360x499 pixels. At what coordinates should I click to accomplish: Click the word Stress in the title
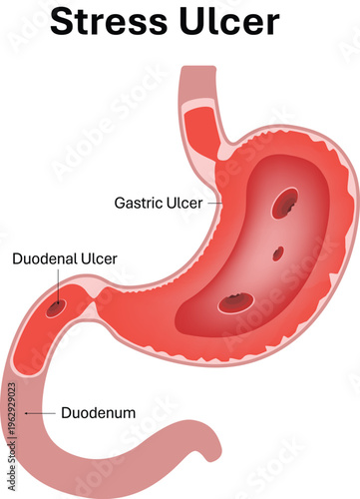tap(109, 23)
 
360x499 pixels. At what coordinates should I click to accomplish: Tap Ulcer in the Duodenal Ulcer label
tap(100, 258)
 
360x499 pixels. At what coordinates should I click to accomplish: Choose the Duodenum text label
tap(99, 411)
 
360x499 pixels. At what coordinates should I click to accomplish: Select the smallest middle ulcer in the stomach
tap(278, 252)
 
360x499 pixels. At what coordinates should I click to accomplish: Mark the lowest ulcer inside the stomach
tap(236, 301)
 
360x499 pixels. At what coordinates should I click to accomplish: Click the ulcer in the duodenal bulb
tap(57, 307)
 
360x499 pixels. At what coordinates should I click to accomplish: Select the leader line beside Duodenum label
tap(41, 411)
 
